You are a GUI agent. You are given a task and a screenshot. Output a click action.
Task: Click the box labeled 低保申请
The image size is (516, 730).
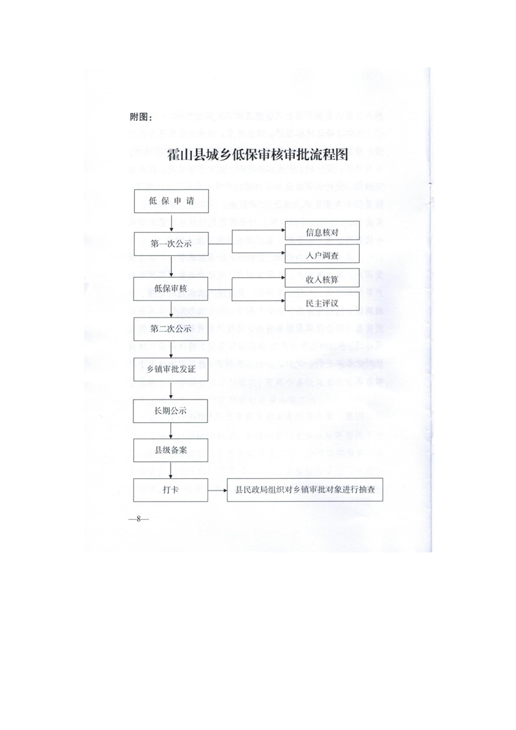click(x=170, y=201)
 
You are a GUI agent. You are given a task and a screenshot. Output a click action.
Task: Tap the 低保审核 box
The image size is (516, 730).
click(x=170, y=288)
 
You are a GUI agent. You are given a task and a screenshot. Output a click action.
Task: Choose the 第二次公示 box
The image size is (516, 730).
click(x=170, y=329)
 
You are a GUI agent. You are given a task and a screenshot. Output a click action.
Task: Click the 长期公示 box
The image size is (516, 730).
click(x=170, y=411)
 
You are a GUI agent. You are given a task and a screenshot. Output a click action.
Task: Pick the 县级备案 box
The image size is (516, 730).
click(x=170, y=450)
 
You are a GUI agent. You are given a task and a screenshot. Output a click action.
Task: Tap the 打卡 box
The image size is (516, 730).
click(x=170, y=489)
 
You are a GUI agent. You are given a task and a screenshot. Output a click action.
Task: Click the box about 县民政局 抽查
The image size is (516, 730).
click(x=305, y=489)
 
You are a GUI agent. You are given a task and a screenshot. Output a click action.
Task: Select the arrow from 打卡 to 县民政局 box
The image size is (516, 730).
click(x=217, y=489)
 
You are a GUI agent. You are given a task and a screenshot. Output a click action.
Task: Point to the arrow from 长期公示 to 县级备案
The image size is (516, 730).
click(x=170, y=431)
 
